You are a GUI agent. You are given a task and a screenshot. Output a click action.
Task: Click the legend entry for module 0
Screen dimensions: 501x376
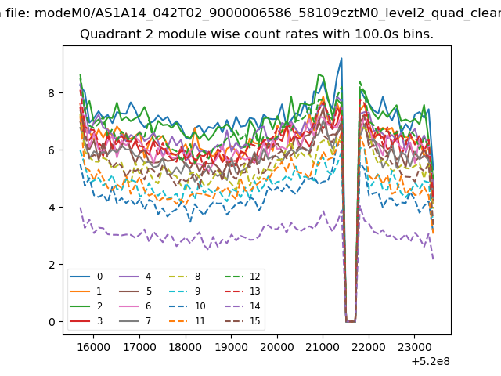(86, 277)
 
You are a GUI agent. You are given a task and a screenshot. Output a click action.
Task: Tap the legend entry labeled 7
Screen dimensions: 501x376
(135, 320)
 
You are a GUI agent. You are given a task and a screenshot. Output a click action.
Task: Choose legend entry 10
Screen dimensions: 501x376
(187, 306)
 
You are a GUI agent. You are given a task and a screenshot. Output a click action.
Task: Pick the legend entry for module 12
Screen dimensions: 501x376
(243, 277)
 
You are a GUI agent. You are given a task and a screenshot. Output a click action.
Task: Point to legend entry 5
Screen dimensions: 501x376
(135, 291)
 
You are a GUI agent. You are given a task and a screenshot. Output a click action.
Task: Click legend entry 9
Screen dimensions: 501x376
(186, 291)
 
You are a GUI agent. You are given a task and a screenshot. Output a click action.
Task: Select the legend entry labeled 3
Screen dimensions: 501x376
(86, 320)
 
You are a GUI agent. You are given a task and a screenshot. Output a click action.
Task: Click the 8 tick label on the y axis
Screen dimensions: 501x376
(52, 93)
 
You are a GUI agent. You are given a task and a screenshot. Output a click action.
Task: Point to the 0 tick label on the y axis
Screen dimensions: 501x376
(52, 322)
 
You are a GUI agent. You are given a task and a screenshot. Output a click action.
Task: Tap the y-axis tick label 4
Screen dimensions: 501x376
(52, 208)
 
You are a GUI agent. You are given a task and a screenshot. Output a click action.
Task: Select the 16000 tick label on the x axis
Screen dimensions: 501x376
(94, 347)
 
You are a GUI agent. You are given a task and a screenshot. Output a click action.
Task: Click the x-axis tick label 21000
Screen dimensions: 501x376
(323, 347)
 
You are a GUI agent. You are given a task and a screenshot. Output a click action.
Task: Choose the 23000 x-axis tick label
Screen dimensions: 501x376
(414, 347)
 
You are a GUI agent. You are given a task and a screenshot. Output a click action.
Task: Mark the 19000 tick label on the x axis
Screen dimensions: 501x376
(231, 347)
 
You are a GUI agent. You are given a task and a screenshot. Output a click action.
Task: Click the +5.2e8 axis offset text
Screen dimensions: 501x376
(431, 361)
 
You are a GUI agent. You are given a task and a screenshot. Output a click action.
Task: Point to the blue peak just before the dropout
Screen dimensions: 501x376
(341, 59)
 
